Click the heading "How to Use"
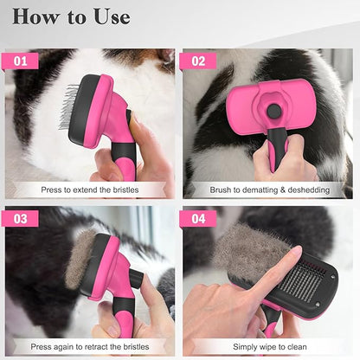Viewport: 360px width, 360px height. point(72,16)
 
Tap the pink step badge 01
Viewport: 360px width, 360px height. point(26,61)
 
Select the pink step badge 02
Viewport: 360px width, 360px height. point(198,61)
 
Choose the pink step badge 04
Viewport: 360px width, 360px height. point(198,218)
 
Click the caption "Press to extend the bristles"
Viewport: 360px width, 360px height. point(90,189)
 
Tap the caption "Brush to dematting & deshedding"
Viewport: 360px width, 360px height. point(268,189)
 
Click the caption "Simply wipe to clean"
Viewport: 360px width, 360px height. point(268,344)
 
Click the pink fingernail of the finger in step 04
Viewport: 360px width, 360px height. point(295,252)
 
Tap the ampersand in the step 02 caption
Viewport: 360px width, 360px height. point(277,189)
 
